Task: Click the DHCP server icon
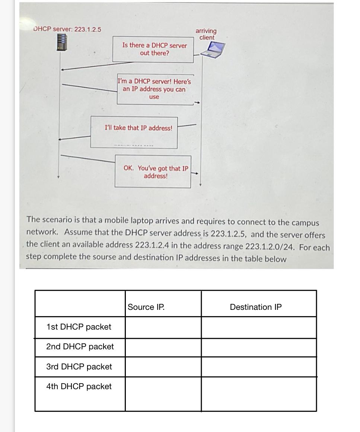pyautogui.click(x=62, y=42)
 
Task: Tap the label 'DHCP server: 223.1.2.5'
pyautogui.click(x=67, y=29)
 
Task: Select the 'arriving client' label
pyautogui.click(x=206, y=34)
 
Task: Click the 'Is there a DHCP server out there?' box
pyautogui.click(x=154, y=49)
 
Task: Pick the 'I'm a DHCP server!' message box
pyautogui.click(x=154, y=89)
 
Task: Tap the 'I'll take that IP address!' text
pyautogui.click(x=138, y=128)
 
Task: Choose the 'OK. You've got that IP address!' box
pyautogui.click(x=156, y=172)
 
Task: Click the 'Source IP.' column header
pyautogui.click(x=146, y=307)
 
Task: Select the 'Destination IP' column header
pyautogui.click(x=256, y=307)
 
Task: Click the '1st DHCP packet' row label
pyautogui.click(x=79, y=327)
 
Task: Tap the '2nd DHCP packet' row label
pyautogui.click(x=80, y=346)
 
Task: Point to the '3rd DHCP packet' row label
pyautogui.click(x=79, y=366)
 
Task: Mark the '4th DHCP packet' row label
pyautogui.click(x=79, y=386)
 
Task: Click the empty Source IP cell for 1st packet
pyautogui.click(x=163, y=327)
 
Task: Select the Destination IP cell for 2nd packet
pyautogui.click(x=259, y=347)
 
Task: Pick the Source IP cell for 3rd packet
pyautogui.click(x=163, y=367)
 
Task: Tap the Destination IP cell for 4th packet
pyautogui.click(x=259, y=394)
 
